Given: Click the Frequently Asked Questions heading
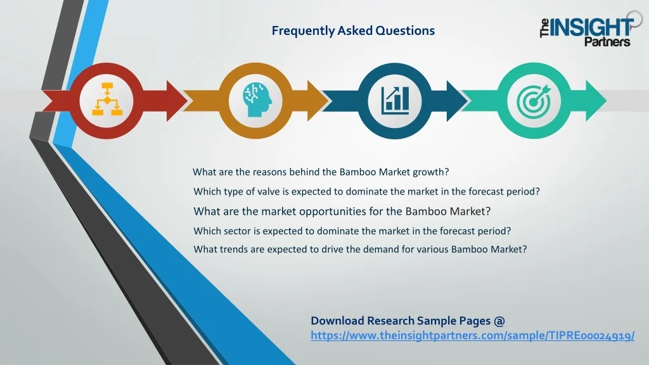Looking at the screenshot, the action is coord(353,30).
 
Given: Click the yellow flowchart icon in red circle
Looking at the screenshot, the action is coord(106,99).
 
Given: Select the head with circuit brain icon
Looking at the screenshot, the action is coord(257,99).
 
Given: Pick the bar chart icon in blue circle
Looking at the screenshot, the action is coord(395,100).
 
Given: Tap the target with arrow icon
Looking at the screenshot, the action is coord(534,101).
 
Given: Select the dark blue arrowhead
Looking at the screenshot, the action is coord(457,101).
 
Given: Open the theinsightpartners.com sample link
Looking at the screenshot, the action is coord(473,336).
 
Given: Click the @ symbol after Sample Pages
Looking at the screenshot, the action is coord(499,321).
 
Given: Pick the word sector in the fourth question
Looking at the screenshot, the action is coord(237,231).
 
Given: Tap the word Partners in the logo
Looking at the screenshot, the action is coord(607,41).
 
